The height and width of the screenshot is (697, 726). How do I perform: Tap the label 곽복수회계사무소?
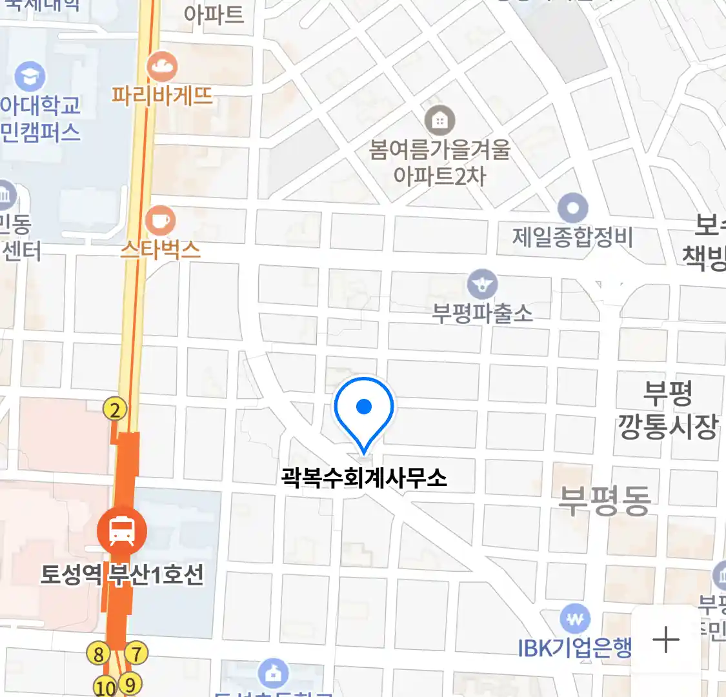point(364,478)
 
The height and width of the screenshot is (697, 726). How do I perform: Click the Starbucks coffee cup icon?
point(159,221)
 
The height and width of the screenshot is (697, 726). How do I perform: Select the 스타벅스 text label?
point(161,249)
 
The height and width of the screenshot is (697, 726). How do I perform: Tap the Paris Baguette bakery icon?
point(161,66)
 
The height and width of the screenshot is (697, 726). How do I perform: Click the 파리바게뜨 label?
point(162,96)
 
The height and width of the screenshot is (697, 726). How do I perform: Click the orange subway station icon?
point(121,530)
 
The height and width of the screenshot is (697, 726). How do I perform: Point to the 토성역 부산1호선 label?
point(122,574)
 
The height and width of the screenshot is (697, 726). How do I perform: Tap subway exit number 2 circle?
point(115,409)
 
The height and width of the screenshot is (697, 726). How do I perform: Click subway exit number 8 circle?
point(98,654)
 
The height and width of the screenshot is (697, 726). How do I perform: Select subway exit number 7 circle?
point(136,653)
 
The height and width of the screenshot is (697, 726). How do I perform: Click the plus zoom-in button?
point(666,640)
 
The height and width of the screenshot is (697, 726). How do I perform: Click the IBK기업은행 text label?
point(575,648)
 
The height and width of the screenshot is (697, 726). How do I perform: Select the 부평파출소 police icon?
point(482,284)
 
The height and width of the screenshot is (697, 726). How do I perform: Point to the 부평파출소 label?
point(483,314)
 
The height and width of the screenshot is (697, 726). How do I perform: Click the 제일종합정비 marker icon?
point(572,208)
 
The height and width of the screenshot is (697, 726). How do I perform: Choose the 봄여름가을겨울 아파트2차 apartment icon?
point(439,120)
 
